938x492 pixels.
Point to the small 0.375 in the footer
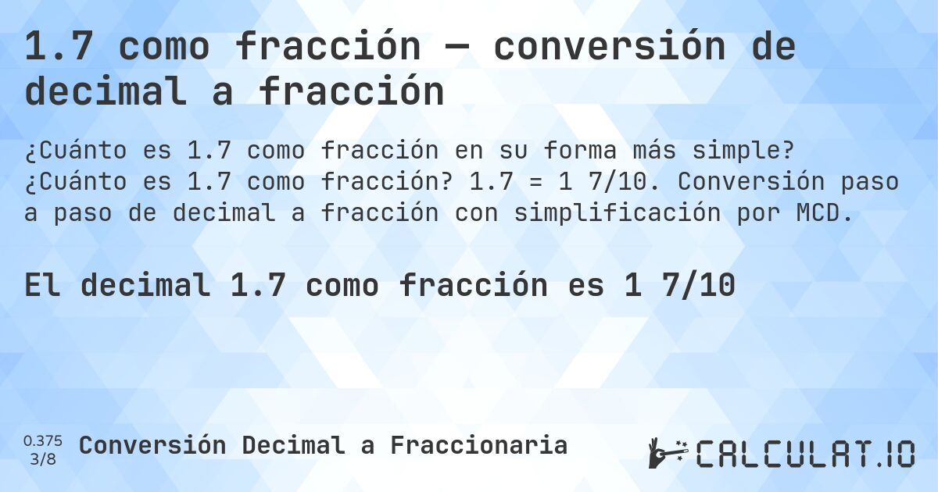click(x=43, y=440)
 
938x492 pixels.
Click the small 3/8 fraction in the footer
click(x=43, y=458)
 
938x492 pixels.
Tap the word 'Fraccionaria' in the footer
click(x=478, y=445)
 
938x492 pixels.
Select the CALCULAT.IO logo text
click(x=804, y=453)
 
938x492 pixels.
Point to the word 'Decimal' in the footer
click(x=293, y=445)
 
